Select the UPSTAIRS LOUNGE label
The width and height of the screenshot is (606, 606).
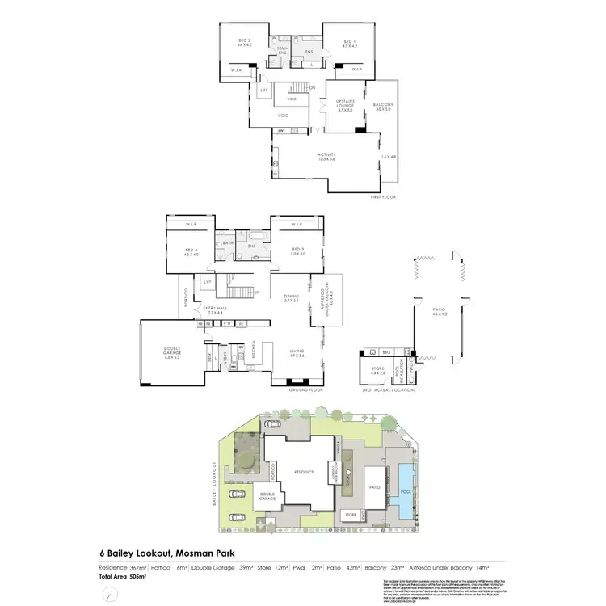[x=345, y=106]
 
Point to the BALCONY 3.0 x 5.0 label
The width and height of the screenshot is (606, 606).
[x=382, y=106]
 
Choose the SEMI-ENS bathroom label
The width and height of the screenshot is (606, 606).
[x=283, y=50]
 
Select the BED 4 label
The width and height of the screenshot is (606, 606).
[x=191, y=252]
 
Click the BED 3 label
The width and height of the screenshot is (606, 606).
[x=298, y=252]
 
